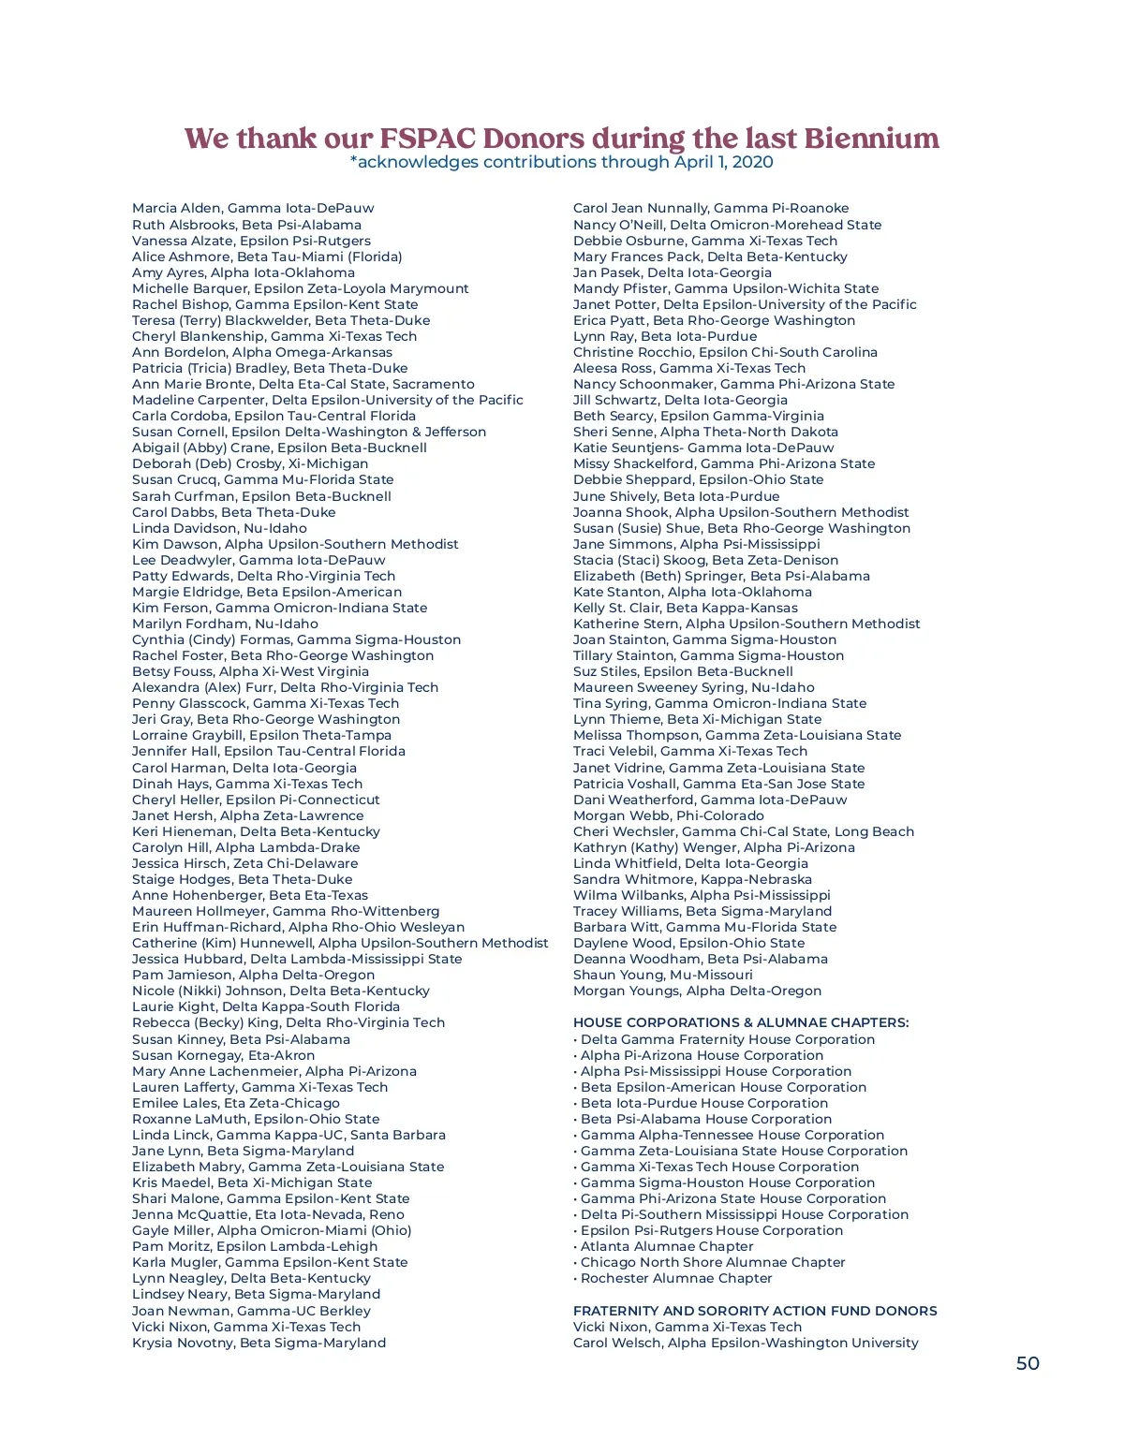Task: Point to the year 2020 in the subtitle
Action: pyautogui.click(x=754, y=162)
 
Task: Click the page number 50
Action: pyautogui.click(x=1028, y=1363)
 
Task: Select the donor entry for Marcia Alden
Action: pyautogui.click(x=253, y=208)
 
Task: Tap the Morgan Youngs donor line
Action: pyautogui.click(x=697, y=991)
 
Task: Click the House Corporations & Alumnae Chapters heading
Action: pyautogui.click(x=741, y=1022)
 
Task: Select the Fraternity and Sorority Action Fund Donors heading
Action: pyautogui.click(x=755, y=1311)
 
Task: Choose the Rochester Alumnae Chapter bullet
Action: pyautogui.click(x=676, y=1278)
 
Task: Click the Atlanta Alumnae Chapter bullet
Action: pyautogui.click(x=667, y=1246)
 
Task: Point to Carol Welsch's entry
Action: pyautogui.click(x=746, y=1343)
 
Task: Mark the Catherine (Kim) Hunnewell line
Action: pyautogui.click(x=340, y=943)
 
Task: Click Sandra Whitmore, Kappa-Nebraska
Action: pyautogui.click(x=692, y=879)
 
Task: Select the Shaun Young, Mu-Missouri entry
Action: pyautogui.click(x=662, y=975)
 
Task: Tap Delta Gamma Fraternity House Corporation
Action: pyautogui.click(x=728, y=1039)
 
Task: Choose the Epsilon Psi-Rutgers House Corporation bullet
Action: pyautogui.click(x=712, y=1230)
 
